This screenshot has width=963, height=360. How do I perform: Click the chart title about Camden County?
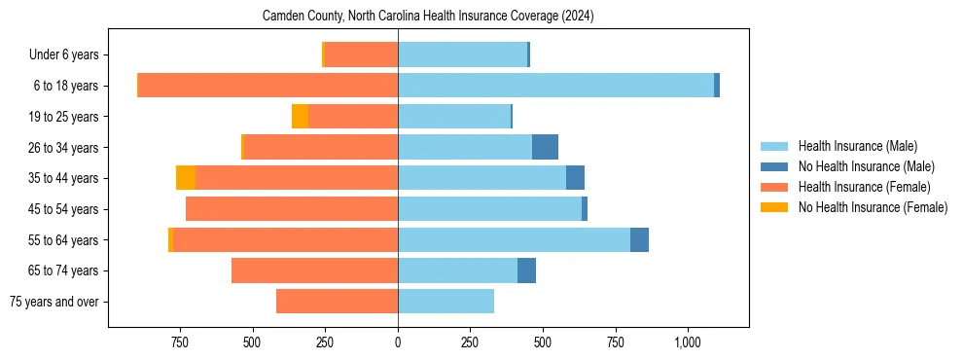pyautogui.click(x=428, y=17)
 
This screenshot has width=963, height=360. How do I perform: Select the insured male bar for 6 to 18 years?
pyautogui.click(x=555, y=86)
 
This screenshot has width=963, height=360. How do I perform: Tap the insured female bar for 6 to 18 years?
pyautogui.click(x=267, y=86)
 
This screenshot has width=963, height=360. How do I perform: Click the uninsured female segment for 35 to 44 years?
pyautogui.click(x=186, y=178)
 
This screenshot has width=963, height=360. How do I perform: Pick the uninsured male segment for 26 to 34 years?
pyautogui.click(x=545, y=147)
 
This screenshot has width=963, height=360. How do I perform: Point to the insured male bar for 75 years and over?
pyautogui.click(x=446, y=302)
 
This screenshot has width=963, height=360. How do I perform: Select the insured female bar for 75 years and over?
pyautogui.click(x=337, y=302)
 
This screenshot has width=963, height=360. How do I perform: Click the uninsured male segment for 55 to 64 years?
pyautogui.click(x=639, y=239)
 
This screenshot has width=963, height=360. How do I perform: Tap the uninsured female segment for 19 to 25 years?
pyautogui.click(x=300, y=117)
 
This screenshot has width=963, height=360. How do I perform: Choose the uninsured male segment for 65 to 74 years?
pyautogui.click(x=526, y=270)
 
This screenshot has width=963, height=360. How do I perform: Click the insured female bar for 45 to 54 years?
pyautogui.click(x=292, y=209)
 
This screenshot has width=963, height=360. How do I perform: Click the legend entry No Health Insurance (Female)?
pyautogui.click(x=873, y=207)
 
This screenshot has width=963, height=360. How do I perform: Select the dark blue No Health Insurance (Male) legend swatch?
pyautogui.click(x=774, y=166)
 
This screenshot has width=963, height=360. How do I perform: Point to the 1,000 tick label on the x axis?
pyautogui.click(x=688, y=342)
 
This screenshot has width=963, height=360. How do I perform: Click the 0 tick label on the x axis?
pyautogui.click(x=398, y=342)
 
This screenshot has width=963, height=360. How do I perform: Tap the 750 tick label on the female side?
pyautogui.click(x=179, y=342)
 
